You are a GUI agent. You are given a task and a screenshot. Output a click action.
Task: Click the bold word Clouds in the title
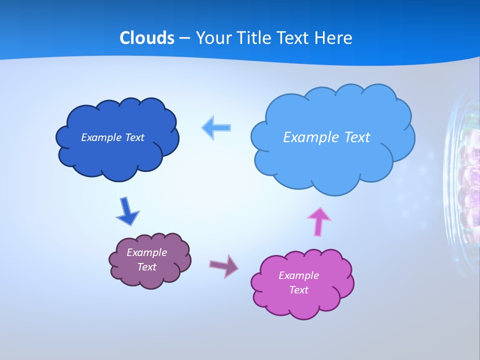pyautogui.click(x=146, y=38)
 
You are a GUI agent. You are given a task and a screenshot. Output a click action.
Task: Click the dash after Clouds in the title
pyautogui.click(x=185, y=38)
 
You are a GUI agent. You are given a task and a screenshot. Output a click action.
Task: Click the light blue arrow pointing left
pyautogui.click(x=216, y=127)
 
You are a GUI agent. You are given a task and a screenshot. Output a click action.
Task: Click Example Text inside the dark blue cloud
pyautogui.click(x=112, y=137)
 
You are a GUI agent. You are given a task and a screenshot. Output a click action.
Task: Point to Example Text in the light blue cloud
pyautogui.click(x=326, y=137)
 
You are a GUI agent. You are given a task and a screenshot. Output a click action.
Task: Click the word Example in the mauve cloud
pyautogui.click(x=146, y=252)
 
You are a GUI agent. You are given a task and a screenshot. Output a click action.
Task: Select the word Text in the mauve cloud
pyautogui.click(x=146, y=267)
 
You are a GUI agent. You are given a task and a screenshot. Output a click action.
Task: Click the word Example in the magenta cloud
pyautogui.click(x=298, y=275)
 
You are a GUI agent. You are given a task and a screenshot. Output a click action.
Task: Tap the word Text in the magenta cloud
pyautogui.click(x=298, y=290)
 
